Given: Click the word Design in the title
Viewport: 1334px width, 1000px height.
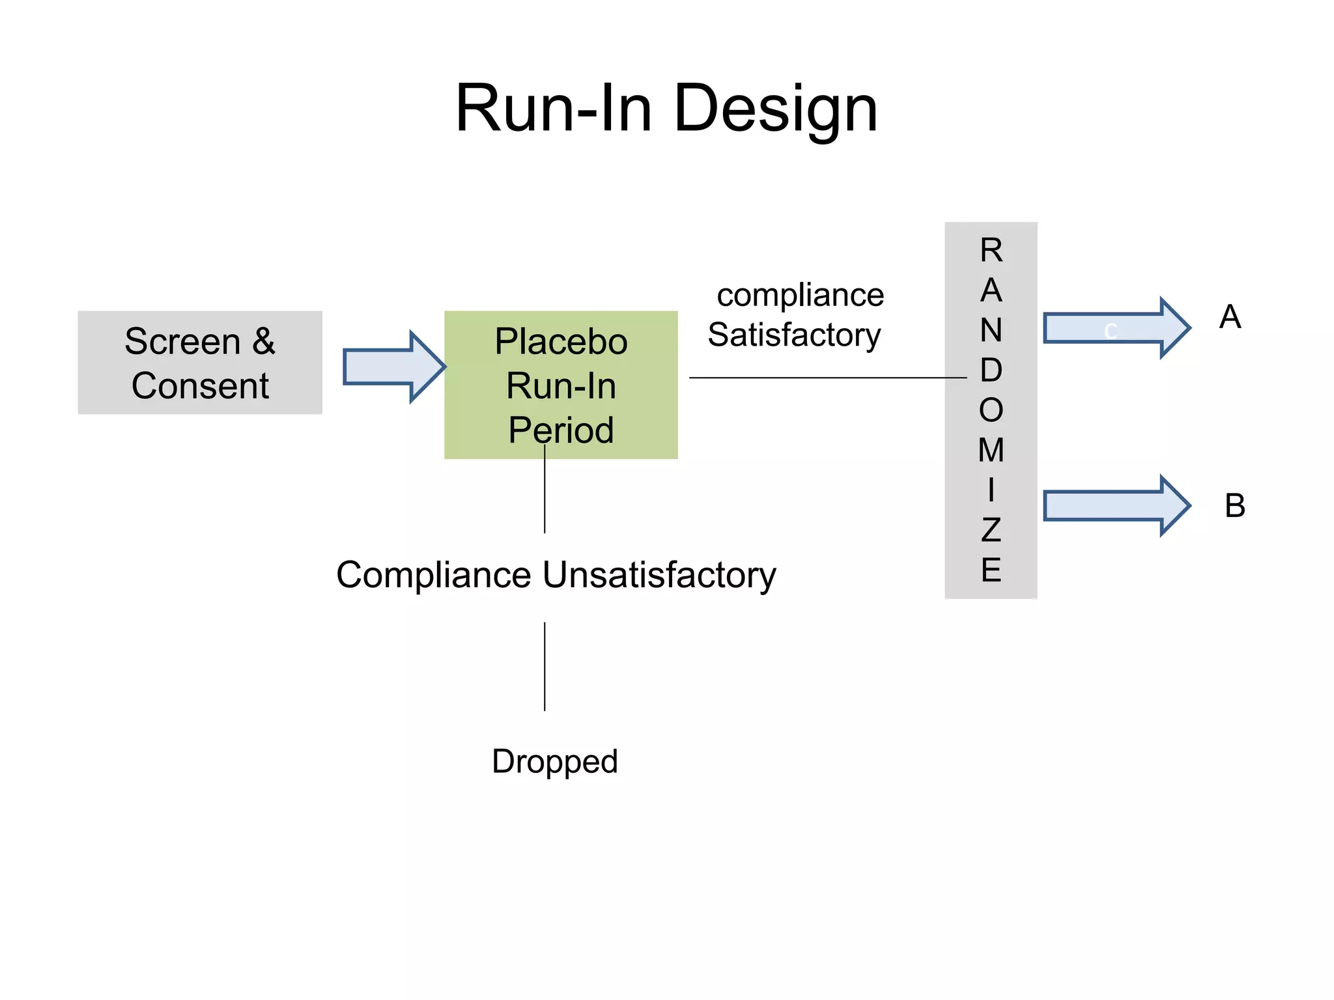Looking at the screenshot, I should point(775,109).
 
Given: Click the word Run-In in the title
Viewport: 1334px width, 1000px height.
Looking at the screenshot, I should point(554,109).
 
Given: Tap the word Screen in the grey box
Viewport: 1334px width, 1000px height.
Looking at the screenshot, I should point(182,342).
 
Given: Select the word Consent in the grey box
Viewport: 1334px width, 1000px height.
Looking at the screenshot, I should point(200,385).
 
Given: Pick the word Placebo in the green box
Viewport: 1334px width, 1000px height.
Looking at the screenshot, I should point(561,341).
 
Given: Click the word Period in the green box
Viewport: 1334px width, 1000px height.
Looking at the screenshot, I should point(561,430).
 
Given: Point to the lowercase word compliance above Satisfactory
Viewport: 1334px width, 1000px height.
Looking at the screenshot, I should point(800,295).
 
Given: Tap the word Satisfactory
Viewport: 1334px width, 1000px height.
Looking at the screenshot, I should point(794,335).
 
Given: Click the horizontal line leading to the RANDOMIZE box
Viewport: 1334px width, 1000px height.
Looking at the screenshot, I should point(827,378).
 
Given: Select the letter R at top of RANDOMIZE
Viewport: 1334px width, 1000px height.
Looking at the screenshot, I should point(991,250).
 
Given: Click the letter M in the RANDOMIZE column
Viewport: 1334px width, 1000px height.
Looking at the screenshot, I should point(991,450).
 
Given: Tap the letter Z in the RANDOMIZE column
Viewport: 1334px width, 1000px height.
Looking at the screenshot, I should point(991,530).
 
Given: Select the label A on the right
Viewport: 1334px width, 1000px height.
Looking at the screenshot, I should point(1230,317).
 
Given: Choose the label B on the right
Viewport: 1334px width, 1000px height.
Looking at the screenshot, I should point(1234,506).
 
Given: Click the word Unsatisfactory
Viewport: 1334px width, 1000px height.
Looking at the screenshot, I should point(659,575).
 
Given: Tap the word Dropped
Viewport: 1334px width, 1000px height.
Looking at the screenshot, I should point(554,762).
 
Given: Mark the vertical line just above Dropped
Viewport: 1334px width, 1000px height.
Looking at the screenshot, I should point(545,666).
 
